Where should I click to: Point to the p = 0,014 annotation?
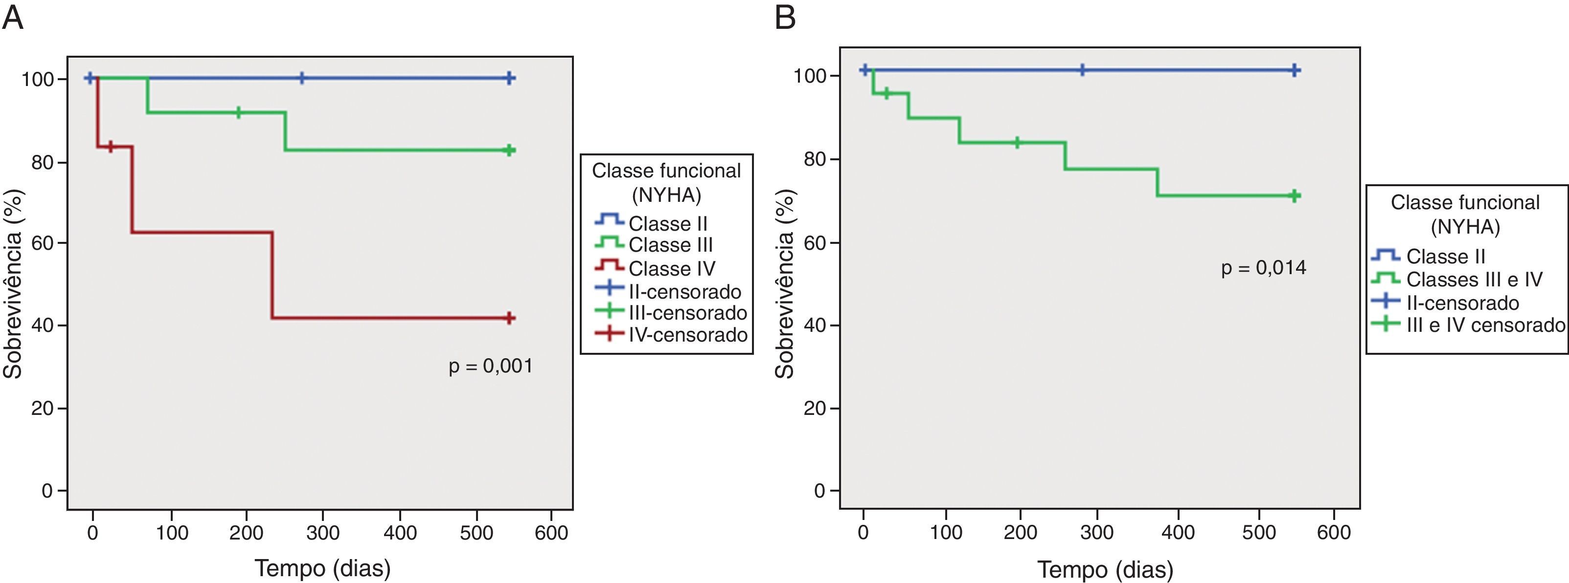1263,268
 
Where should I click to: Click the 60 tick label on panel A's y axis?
43,243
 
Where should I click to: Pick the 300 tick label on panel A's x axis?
323,533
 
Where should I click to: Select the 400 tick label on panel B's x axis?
1177,533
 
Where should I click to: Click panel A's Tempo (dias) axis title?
323,568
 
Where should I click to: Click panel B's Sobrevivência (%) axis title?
786,283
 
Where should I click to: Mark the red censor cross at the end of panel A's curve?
510,318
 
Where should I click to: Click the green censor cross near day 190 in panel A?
238,112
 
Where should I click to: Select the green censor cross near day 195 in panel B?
1017,143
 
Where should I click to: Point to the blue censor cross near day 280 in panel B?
1082,70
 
